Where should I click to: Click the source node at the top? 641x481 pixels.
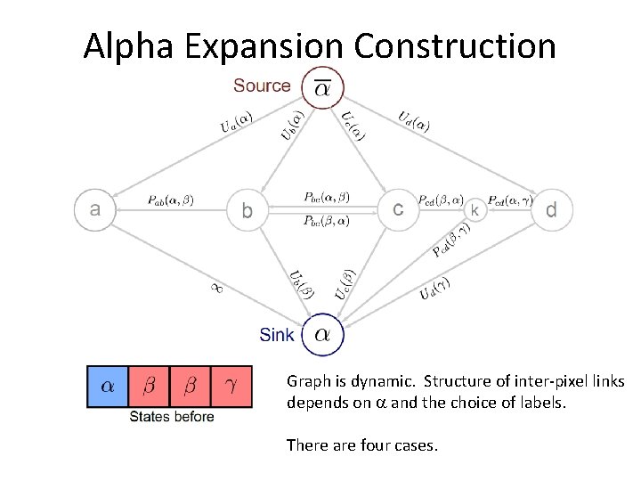coord(321,86)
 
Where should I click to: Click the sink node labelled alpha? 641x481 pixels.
coord(322,335)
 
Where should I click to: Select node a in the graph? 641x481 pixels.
coord(94,210)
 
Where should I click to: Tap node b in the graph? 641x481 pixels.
coord(248,211)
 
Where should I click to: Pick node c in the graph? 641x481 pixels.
coord(398,210)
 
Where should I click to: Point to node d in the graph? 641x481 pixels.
coord(551,210)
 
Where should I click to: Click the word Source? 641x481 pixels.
coord(262,86)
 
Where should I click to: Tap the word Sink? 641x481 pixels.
coord(277,336)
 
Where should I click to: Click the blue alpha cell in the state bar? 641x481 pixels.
coord(107,387)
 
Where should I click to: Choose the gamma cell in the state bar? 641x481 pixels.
coord(231,387)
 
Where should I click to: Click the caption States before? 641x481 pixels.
coord(172,417)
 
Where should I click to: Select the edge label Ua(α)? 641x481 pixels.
coord(237,122)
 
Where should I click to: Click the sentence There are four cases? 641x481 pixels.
coord(361,444)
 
